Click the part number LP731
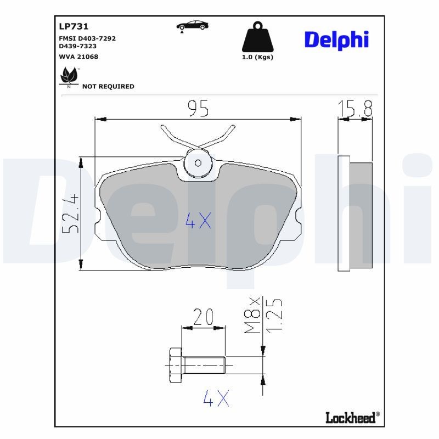tap(74, 26)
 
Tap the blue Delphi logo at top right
tap(336, 40)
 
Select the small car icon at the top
tap(191, 26)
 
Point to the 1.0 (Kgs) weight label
tap(257, 57)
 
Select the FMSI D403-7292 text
tap(87, 38)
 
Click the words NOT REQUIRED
tap(108, 87)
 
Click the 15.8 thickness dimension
tap(355, 109)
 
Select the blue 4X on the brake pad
tap(198, 221)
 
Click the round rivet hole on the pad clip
tap(198, 162)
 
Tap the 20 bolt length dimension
tap(203, 317)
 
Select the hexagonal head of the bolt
tap(175, 364)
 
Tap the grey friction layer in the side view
tap(361, 215)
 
